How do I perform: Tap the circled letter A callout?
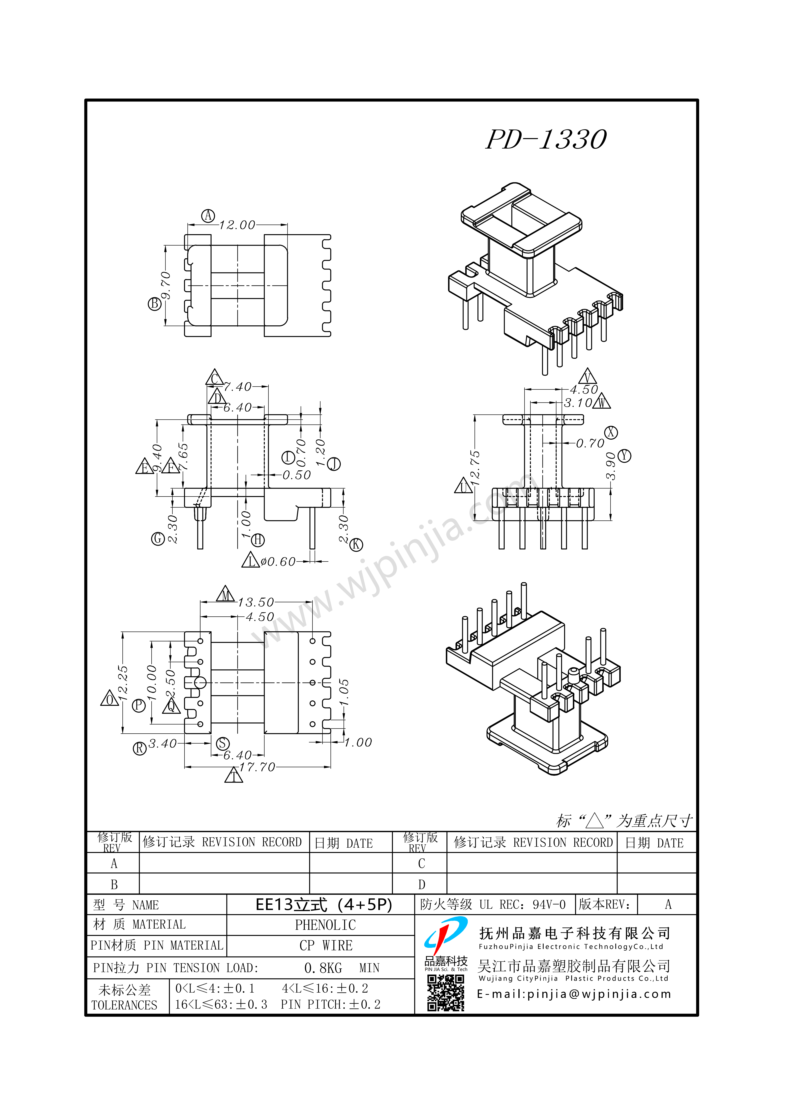click(x=208, y=216)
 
